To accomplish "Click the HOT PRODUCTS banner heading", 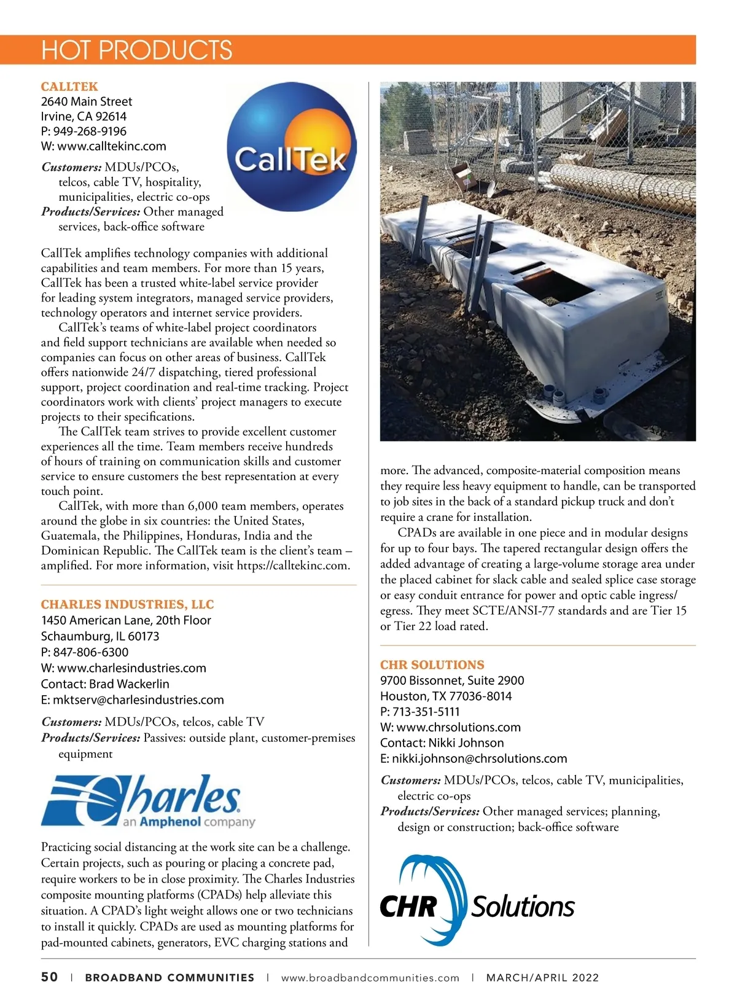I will tap(136, 50).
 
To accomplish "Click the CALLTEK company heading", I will tap(69, 87).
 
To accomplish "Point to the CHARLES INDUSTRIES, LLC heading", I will tap(127, 604).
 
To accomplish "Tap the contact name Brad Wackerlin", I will tap(129, 684).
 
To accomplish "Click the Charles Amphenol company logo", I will tap(147, 801).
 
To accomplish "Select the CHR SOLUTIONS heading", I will tap(432, 665).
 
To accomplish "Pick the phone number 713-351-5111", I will tap(426, 712).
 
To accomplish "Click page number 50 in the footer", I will tap(50, 977).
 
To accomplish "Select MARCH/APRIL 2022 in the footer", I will tap(542, 978).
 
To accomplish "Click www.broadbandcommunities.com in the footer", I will tap(370, 978).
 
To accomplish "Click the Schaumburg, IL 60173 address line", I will tap(100, 636).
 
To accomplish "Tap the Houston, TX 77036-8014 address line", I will tap(445, 696).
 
